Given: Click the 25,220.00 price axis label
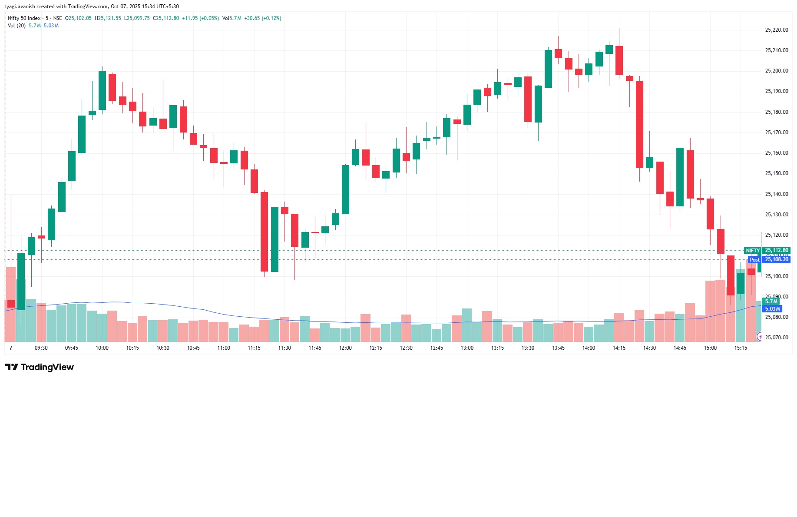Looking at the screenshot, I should pos(776,30).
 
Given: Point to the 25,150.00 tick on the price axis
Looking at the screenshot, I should pos(776,173).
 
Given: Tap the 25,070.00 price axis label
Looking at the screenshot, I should pos(776,338).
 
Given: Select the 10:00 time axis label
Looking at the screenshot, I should pos(102,348).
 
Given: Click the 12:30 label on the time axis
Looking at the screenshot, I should pos(406,348).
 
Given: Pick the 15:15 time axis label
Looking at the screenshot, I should pos(741,348).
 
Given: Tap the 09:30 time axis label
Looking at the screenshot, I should pos(41,348).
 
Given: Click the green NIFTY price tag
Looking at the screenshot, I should pos(753,251).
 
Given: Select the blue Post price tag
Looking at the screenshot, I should pos(754,260).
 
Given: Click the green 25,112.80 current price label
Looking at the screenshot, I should pos(777,250).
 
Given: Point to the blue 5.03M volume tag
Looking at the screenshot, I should pos(772,309).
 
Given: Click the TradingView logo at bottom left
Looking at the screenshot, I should pos(40,367).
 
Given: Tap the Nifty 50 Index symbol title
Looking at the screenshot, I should pos(24,18).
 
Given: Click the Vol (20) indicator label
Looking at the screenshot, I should pos(17,26).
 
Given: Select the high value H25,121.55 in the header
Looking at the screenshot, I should pos(108,18).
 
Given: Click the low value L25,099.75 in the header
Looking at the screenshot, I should pos(137,18).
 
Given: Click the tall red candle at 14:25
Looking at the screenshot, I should pos(639,124).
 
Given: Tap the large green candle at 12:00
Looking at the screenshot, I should pos(345,189).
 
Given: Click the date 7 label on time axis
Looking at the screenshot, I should pos(11,348).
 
